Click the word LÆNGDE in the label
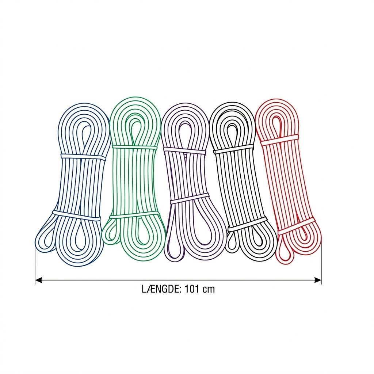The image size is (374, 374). [162, 289]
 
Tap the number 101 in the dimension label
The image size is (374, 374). [192, 289]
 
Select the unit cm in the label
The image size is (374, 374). [209, 290]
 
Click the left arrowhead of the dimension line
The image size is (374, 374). [39, 280]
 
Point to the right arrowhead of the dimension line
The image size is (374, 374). [318, 280]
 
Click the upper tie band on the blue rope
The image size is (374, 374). [83, 157]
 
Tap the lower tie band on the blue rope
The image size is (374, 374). [77, 215]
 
